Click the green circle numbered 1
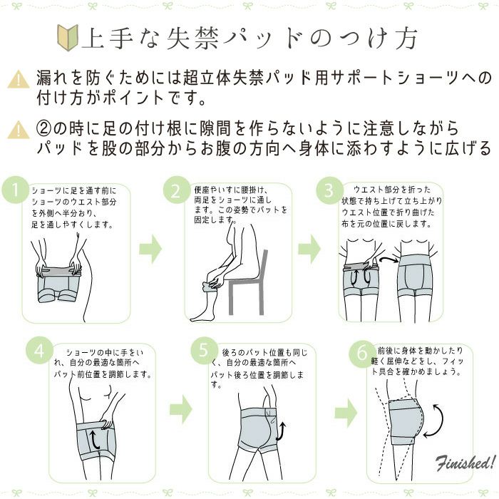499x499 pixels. pyautogui.click(x=15, y=190)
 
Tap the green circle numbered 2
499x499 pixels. pyautogui.click(x=177, y=190)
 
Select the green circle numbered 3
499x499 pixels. pyautogui.click(x=329, y=190)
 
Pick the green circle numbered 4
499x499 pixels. pyautogui.click(x=39, y=351)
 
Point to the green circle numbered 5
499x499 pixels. pyautogui.click(x=204, y=351)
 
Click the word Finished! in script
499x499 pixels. pyautogui.click(x=466, y=463)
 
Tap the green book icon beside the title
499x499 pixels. pyautogui.click(x=68, y=38)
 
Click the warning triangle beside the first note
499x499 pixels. pyautogui.click(x=19, y=79)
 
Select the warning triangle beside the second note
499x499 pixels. pyautogui.click(x=19, y=130)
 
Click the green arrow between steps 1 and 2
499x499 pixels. pyautogui.click(x=150, y=249)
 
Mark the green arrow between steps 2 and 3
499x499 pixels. pyautogui.click(x=309, y=249)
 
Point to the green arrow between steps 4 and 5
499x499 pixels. pyautogui.click(x=181, y=409)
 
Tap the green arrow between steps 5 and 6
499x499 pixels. pyautogui.click(x=346, y=413)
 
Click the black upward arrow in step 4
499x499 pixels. pyautogui.click(x=94, y=439)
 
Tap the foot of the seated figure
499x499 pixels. pyautogui.click(x=201, y=316)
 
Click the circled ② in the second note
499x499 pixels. pyautogui.click(x=44, y=128)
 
